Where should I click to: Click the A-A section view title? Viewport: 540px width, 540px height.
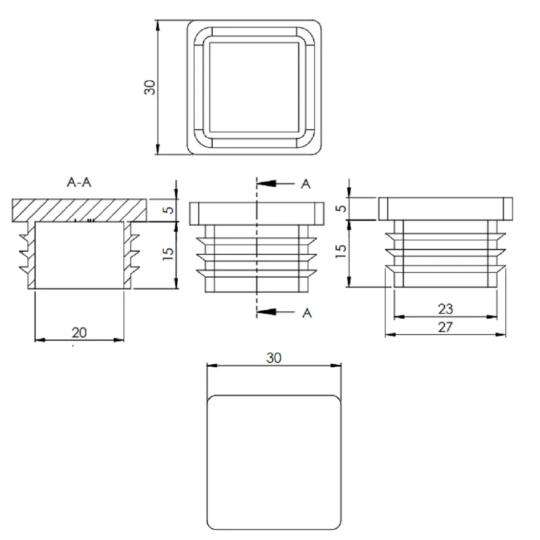79,182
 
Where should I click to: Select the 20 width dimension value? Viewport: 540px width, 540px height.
79,333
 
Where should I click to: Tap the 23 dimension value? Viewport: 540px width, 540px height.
446,309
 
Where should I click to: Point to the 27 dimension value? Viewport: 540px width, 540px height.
446,327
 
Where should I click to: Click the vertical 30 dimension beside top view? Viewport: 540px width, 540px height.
150,88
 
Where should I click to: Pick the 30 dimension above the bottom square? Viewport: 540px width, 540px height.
274,358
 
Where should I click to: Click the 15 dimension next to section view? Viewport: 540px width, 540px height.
168,254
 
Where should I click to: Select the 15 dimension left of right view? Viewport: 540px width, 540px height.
340,251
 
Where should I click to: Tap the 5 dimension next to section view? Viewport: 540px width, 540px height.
169,210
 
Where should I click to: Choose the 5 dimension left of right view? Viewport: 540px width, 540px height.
341,209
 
